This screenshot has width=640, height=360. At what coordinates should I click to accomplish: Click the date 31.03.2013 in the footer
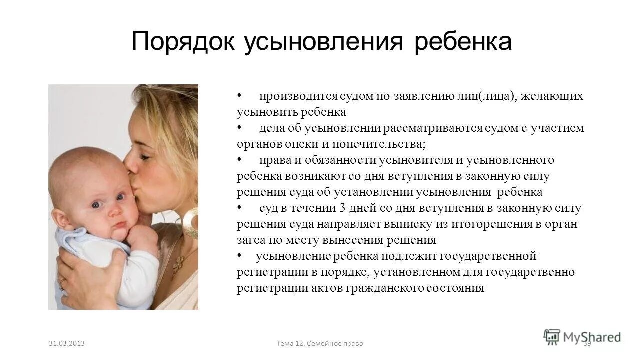pos(67,343)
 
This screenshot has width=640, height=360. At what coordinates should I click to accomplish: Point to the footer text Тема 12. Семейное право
pos(320,343)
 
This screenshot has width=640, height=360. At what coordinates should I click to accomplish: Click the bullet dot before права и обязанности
pos(239,160)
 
